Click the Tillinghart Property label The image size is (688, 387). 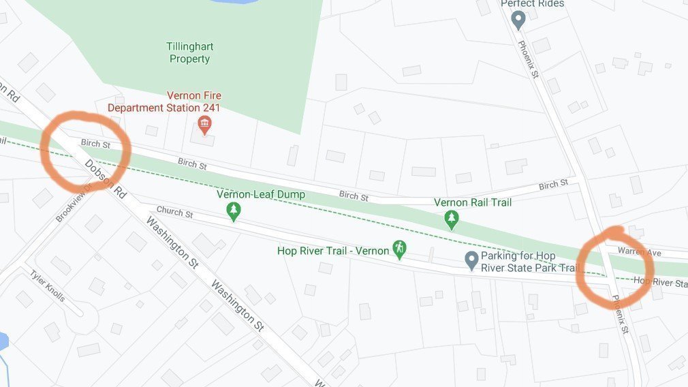(x=189, y=52)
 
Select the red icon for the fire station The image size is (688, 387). (x=204, y=125)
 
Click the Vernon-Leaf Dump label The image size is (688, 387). (x=261, y=194)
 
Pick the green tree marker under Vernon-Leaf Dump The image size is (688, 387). (x=234, y=211)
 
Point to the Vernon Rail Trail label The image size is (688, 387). (x=472, y=202)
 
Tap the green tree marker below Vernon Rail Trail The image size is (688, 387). (x=450, y=219)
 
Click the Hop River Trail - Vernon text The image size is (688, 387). (x=332, y=250)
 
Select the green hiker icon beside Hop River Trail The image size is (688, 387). (x=400, y=249)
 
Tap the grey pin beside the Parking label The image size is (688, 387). (x=471, y=260)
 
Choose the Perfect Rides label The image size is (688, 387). (x=532, y=3)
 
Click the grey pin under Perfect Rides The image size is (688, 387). (x=518, y=20)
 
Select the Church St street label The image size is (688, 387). (x=174, y=212)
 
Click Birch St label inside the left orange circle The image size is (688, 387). (x=95, y=144)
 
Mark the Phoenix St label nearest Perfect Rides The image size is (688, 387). (x=528, y=59)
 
